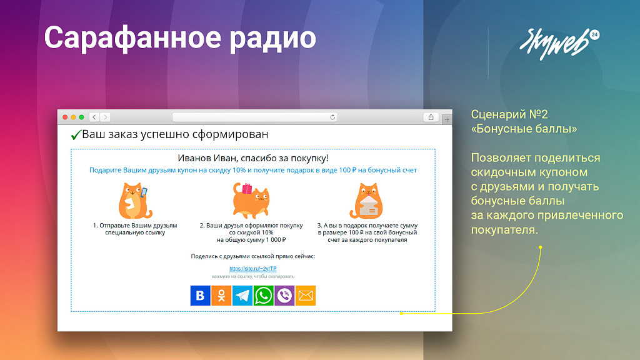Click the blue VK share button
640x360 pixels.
[x=200, y=296]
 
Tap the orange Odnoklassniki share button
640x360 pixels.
[x=221, y=296]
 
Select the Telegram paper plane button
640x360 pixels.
[x=242, y=296]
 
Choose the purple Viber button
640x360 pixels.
[x=284, y=296]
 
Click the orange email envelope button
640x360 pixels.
[x=306, y=296]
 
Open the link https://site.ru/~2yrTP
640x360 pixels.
[x=253, y=269]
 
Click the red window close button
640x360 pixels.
[x=65, y=117]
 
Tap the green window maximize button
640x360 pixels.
[x=82, y=117]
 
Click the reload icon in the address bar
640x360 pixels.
[x=332, y=117]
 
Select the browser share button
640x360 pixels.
[x=431, y=117]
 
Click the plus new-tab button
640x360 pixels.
[x=447, y=119]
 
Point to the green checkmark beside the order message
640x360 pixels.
[x=76, y=135]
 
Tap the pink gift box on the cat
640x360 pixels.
[x=247, y=189]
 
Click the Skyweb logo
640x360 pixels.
[x=559, y=43]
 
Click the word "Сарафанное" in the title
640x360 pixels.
[x=133, y=38]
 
